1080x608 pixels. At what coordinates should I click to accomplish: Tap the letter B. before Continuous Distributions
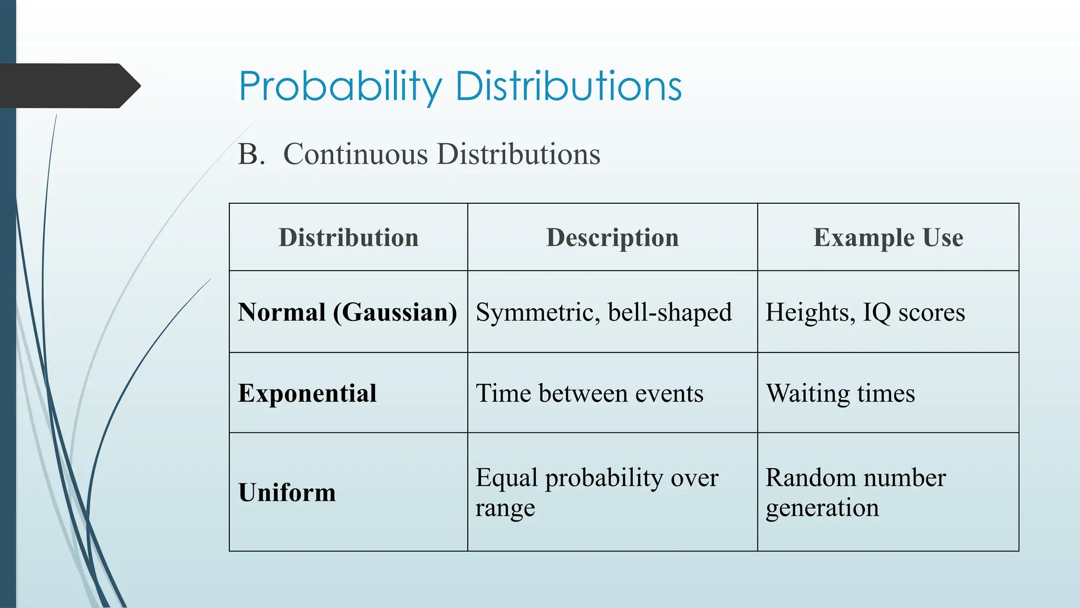251,154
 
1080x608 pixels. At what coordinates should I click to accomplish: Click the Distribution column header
349,237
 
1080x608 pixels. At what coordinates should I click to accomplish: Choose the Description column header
612,237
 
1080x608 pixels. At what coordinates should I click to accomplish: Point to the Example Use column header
888,237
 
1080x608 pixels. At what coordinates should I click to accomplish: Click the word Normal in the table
282,312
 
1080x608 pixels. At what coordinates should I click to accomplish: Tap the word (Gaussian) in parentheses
395,312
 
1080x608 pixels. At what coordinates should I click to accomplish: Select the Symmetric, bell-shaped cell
603,312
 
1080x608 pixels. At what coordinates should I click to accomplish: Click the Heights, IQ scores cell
865,312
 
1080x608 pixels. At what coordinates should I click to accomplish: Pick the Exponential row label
307,393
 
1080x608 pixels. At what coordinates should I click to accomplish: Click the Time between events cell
589,393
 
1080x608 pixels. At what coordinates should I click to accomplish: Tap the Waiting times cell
840,393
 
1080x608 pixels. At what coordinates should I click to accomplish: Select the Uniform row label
287,492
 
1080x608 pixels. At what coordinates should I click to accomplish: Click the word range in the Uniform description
505,508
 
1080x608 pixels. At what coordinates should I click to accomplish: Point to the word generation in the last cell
822,508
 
